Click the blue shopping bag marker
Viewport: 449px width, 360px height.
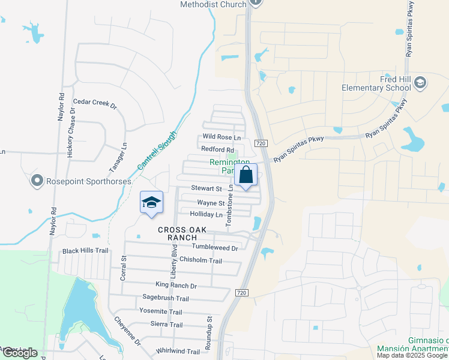(246, 176)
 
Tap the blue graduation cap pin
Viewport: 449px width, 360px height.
(152, 203)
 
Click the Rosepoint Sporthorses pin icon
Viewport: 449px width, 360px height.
(37, 180)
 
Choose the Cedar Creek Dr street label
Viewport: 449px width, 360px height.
(94, 103)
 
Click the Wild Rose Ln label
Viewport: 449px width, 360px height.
(221, 137)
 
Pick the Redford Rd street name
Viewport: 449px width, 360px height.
(217, 149)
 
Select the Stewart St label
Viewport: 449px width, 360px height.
(206, 188)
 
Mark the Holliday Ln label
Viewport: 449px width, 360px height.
(206, 214)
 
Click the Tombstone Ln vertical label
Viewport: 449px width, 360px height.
(229, 205)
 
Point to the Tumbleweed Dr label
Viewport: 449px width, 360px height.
(215, 247)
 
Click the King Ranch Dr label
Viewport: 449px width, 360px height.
(176, 286)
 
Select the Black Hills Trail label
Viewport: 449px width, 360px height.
(86, 251)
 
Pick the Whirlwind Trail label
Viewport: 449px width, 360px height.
(177, 352)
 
